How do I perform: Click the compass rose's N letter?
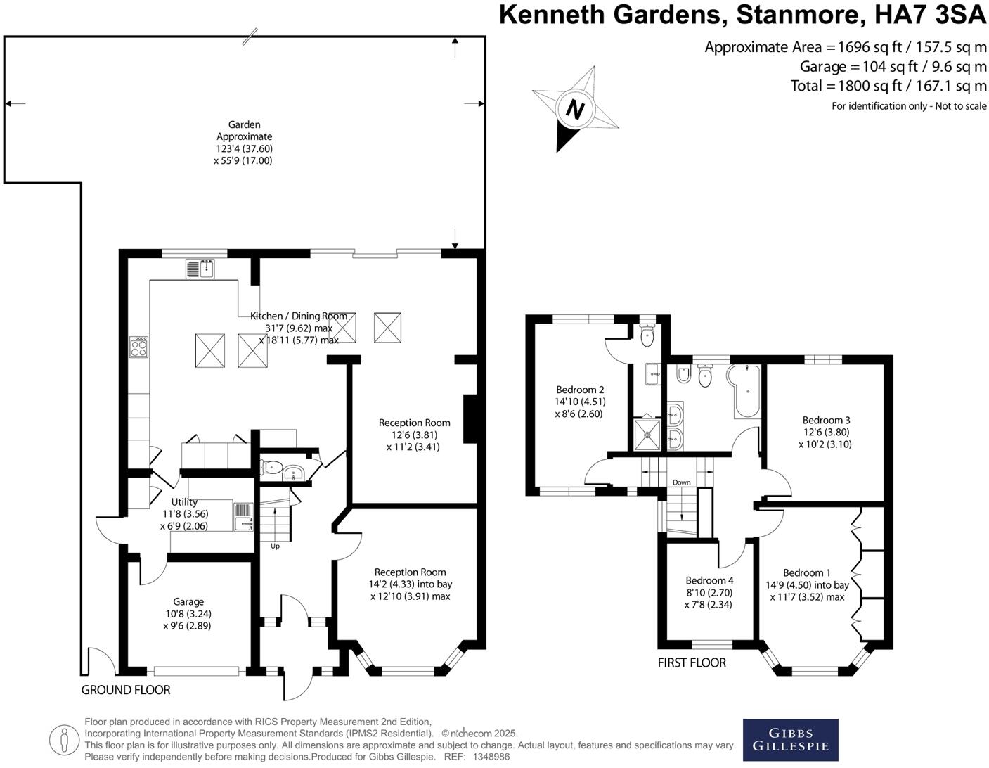coord(576,110)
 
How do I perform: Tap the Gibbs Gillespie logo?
coord(791,740)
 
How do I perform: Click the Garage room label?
coord(188,601)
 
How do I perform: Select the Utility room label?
coord(184,501)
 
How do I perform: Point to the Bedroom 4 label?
coord(709,580)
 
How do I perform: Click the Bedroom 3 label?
coord(826,420)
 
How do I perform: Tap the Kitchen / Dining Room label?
coord(299,316)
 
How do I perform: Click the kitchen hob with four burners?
coord(139,347)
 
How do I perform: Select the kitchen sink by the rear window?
coord(200,268)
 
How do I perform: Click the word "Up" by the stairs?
coord(275,546)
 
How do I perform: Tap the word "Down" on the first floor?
coord(681,482)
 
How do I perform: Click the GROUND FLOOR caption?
coord(126,690)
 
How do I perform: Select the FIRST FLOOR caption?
coord(692,663)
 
